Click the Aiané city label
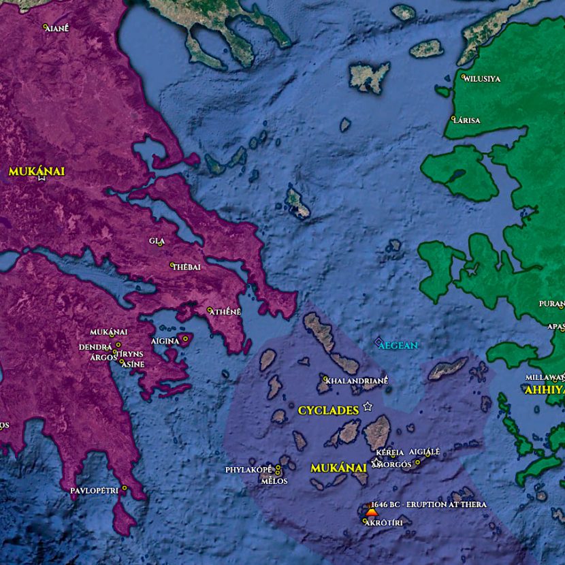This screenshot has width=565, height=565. pyautogui.click(x=58, y=29)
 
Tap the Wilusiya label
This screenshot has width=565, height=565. pyautogui.click(x=483, y=79)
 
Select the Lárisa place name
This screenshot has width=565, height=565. pyautogui.click(x=467, y=120)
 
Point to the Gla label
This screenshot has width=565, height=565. pyautogui.click(x=157, y=241)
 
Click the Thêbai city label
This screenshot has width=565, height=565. pyautogui.click(x=188, y=267)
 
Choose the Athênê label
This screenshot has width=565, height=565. pyautogui.click(x=226, y=312)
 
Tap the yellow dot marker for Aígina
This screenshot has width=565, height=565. pyautogui.click(x=185, y=338)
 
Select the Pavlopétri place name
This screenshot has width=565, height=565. pyautogui.click(x=95, y=490)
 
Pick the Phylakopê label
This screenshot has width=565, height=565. pyautogui.click(x=248, y=470)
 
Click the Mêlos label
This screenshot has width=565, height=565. pyautogui.click(x=274, y=481)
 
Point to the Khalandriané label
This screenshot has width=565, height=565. pyautogui.click(x=357, y=381)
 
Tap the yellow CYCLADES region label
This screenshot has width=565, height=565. pyautogui.click(x=328, y=410)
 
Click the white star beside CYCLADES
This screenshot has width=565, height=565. pyautogui.click(x=368, y=406)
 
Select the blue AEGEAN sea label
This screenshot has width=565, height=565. pyautogui.click(x=398, y=346)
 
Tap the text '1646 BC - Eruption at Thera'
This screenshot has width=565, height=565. pyautogui.click(x=429, y=504)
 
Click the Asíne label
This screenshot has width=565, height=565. pyautogui.click(x=133, y=364)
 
